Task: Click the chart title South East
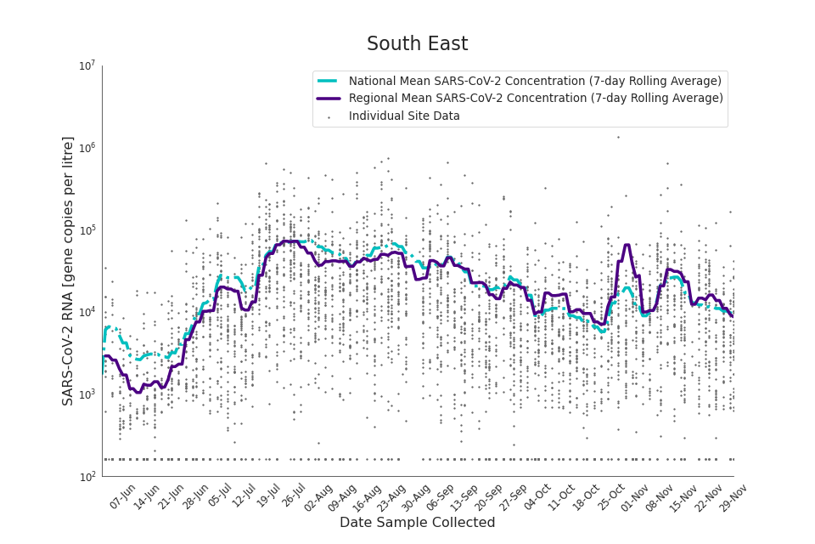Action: click(417, 44)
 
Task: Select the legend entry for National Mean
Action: click(535, 81)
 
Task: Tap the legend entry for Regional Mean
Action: click(536, 99)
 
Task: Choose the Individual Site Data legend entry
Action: click(404, 116)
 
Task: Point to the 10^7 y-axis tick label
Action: click(87, 66)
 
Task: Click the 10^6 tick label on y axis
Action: click(87, 149)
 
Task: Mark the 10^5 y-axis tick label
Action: click(87, 230)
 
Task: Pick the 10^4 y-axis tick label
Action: click(87, 313)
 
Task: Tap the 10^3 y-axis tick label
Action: click(87, 395)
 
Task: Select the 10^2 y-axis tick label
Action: click(87, 477)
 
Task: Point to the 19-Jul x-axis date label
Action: click(268, 496)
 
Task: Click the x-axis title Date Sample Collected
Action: click(417, 523)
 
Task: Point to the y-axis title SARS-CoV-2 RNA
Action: click(68, 270)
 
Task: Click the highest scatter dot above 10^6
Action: click(618, 137)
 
